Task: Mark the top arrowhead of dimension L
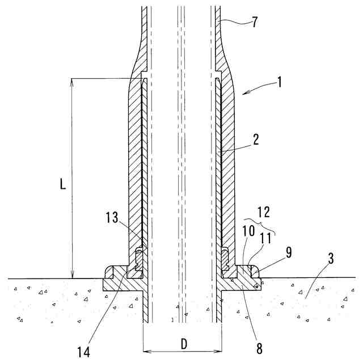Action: [73, 81]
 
